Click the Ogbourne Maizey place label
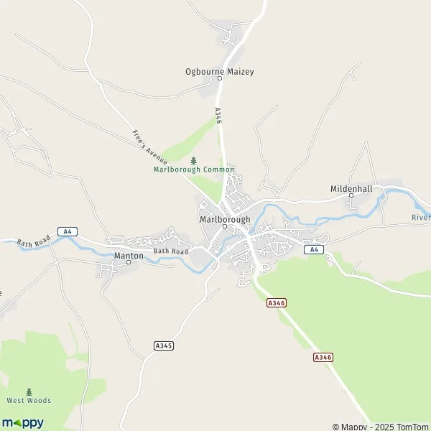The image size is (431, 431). coord(219,72)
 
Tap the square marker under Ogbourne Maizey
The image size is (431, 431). coord(220,80)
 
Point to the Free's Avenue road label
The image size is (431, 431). coord(149,145)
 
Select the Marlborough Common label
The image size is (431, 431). coord(193,170)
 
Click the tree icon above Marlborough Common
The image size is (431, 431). coord(193,160)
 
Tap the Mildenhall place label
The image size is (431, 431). coord(351,188)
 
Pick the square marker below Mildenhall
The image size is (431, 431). coord(351,195)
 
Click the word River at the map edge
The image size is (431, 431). coord(421,217)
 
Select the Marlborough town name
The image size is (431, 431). coord(225,219)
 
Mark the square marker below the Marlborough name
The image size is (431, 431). coord(225,227)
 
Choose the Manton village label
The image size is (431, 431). coord(129,255)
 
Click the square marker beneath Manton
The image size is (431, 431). coord(129,263)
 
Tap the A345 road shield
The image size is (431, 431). coord(164,346)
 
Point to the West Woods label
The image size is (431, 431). coord(29,400)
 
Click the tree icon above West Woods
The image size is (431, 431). coord(29,391)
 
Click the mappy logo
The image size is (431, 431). coord(23,422)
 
